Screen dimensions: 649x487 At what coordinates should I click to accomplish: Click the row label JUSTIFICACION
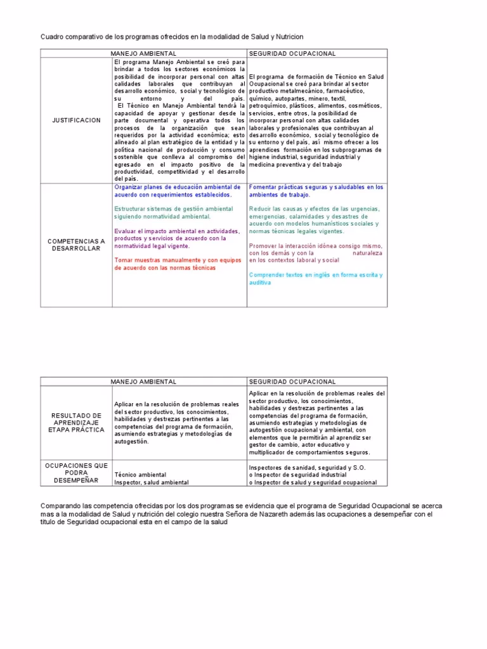tap(76, 120)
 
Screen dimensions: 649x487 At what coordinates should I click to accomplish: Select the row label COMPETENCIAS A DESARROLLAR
tap(76, 245)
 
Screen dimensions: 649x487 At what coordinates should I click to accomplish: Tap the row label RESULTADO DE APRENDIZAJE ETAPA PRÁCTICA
tap(76, 423)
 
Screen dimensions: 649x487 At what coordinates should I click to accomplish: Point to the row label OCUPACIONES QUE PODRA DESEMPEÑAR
tap(76, 473)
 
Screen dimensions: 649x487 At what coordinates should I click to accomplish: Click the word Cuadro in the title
tap(53, 38)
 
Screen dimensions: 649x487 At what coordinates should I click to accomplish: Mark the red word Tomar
tap(124, 260)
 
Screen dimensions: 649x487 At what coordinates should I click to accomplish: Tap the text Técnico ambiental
tap(140, 475)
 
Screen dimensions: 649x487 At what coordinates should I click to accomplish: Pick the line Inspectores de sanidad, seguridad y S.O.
tap(307, 468)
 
